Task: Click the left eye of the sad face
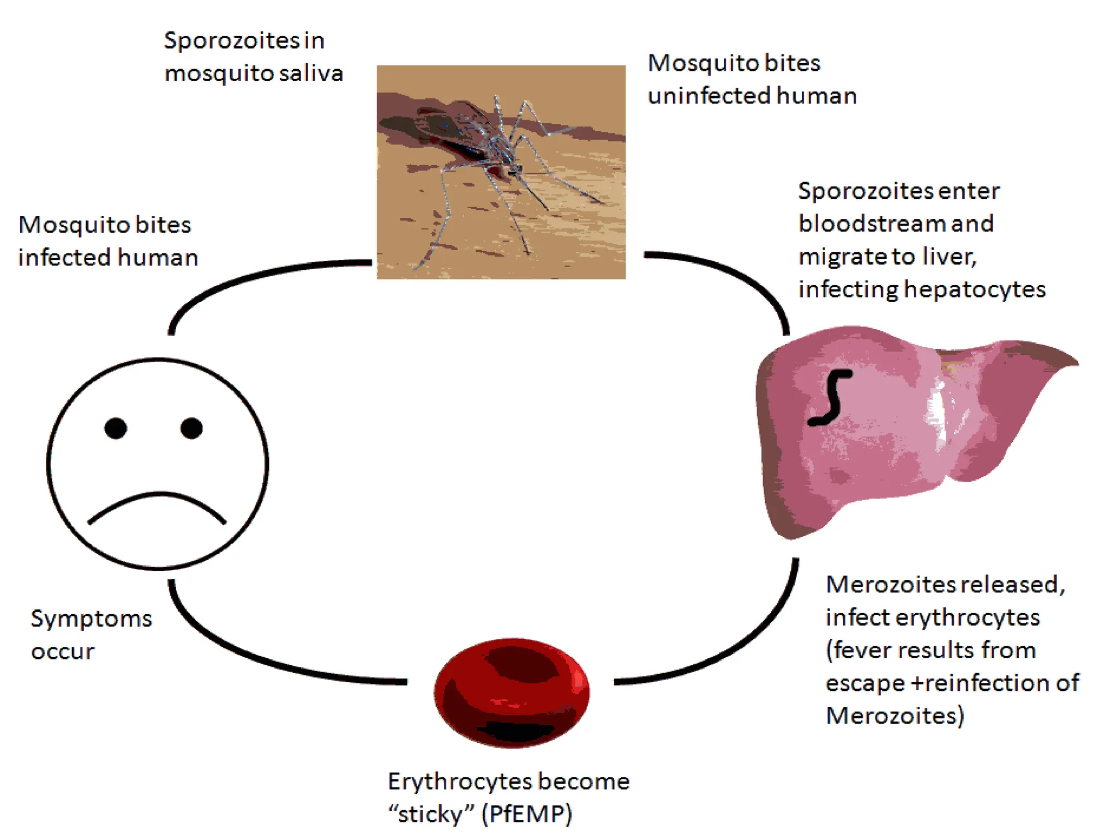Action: point(116,428)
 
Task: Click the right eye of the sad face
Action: point(191,428)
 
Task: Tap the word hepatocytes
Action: point(975,289)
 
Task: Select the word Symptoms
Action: point(91,619)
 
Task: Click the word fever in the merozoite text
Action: point(861,650)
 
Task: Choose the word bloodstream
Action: point(872,224)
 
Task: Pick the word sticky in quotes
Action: point(430,814)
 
